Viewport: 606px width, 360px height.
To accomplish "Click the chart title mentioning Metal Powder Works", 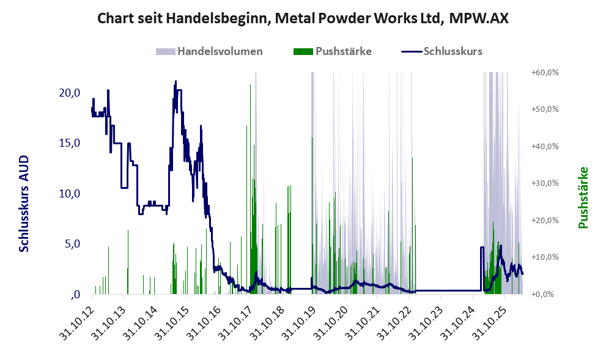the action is coord(303,18).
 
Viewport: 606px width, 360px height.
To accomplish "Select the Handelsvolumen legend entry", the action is coord(209,51).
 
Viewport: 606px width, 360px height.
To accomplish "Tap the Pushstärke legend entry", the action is coord(333,51).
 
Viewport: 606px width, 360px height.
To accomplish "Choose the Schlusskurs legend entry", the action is coord(442,51).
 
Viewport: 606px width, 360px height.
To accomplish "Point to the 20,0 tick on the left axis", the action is coord(70,93).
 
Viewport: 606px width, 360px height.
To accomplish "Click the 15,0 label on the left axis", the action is coord(70,143).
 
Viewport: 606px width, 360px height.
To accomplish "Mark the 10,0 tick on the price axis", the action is coord(70,194).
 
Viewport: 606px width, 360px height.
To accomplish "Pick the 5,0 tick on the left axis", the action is coord(72,244).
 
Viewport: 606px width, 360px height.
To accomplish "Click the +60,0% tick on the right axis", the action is coord(545,72).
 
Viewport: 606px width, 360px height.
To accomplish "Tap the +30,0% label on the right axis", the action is coord(545,183).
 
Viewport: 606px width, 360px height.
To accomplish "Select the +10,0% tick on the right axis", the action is coord(545,257).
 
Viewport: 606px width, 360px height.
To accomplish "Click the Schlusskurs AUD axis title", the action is coord(24,204).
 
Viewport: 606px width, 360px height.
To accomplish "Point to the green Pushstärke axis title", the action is coord(583,198).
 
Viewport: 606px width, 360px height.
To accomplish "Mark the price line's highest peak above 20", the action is coord(176,81).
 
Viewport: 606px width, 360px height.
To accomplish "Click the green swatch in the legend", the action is coord(303,51).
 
